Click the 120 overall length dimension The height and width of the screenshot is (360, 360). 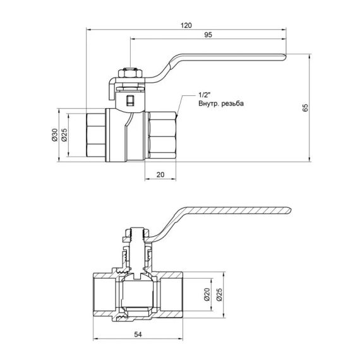(x=186, y=25)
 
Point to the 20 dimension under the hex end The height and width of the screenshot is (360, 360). (x=160, y=174)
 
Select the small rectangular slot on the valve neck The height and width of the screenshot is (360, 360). (x=130, y=100)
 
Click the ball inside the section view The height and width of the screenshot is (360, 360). (x=138, y=292)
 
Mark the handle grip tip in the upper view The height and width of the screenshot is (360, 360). (x=281, y=57)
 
